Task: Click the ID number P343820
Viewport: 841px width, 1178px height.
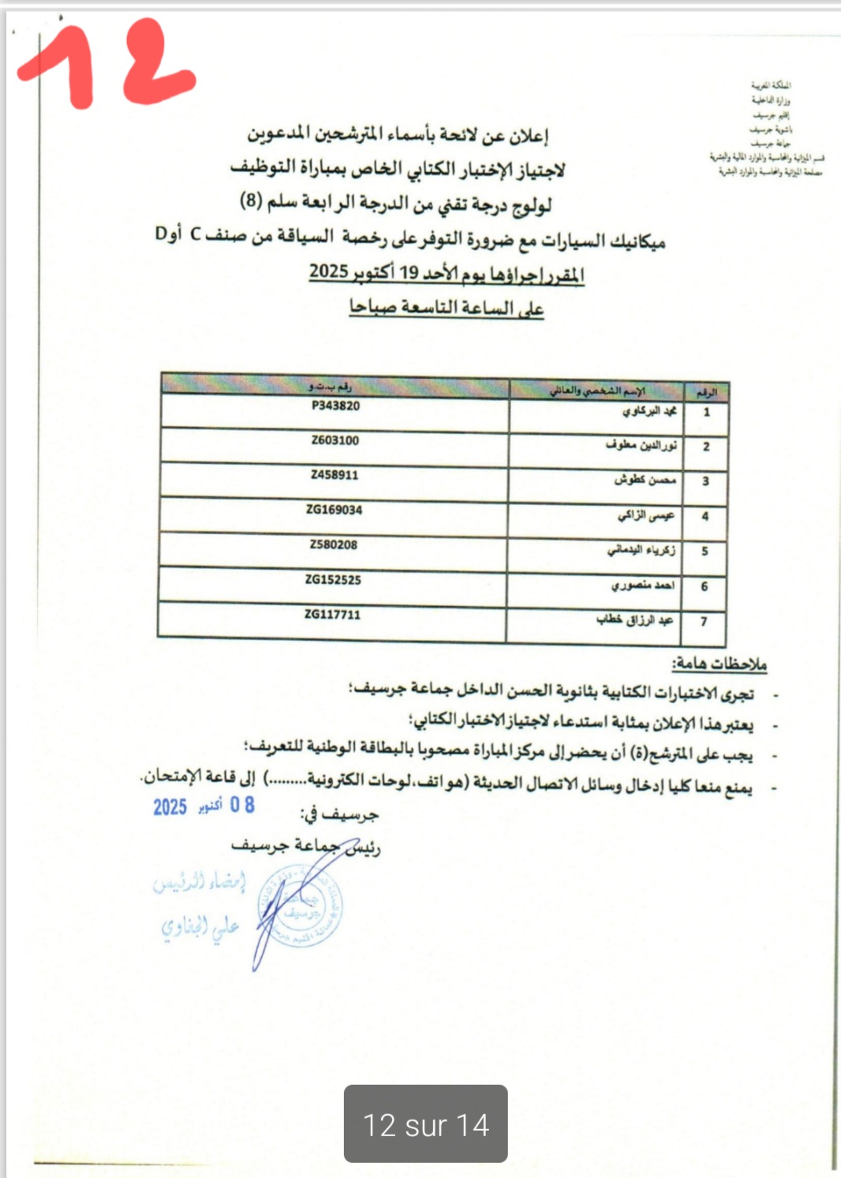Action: point(335,406)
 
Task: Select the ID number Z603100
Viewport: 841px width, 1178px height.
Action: point(335,440)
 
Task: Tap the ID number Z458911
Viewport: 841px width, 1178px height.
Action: point(335,475)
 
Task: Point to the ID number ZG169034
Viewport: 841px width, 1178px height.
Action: point(335,510)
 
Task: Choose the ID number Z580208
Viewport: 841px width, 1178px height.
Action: point(334,544)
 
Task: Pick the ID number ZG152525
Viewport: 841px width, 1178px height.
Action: point(333,580)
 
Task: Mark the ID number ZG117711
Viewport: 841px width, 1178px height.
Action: point(332,615)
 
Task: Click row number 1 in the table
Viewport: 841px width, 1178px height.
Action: point(707,412)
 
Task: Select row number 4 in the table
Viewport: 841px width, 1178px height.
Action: point(705,516)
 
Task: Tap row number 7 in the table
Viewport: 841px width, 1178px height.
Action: point(704,622)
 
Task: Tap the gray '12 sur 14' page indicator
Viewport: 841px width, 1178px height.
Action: point(425,1124)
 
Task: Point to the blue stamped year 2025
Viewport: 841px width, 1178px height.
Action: point(170,806)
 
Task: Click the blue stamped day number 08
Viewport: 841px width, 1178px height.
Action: point(242,805)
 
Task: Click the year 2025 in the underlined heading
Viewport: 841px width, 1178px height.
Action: point(329,271)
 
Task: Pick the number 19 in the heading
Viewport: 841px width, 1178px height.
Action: point(409,273)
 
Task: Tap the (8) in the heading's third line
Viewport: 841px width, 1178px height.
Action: point(251,200)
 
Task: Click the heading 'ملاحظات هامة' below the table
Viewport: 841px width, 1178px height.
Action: point(719,664)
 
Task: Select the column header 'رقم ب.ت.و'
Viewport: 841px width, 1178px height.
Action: point(330,387)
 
